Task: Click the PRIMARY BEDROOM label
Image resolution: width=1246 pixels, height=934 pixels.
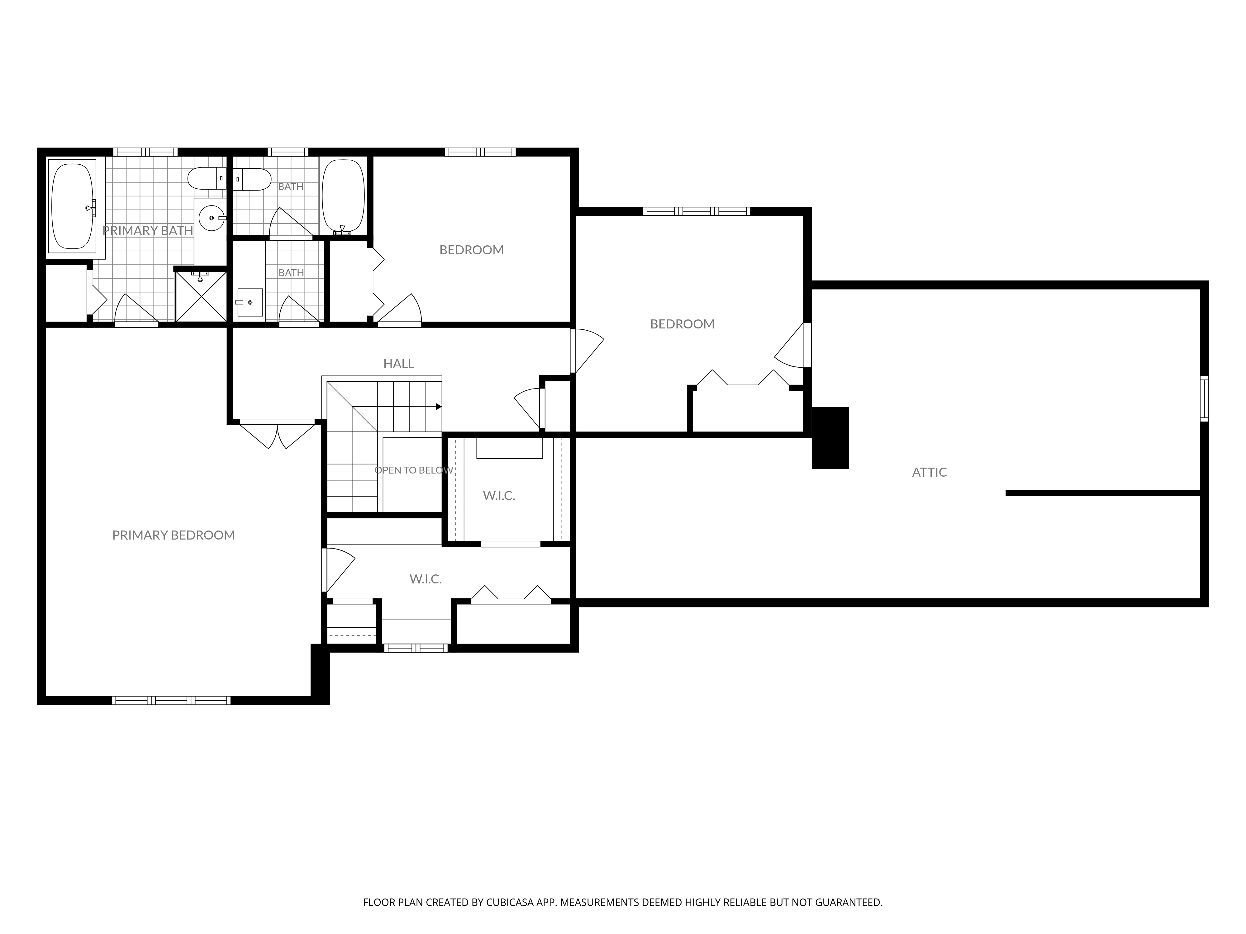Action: [174, 535]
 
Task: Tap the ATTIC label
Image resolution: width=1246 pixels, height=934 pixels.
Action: [930, 472]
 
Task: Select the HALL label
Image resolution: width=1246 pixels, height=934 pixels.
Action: [399, 364]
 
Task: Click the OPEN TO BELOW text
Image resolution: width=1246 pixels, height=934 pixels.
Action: [414, 470]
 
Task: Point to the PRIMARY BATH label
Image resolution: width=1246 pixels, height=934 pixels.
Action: [148, 230]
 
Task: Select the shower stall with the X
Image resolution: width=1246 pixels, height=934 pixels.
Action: [201, 296]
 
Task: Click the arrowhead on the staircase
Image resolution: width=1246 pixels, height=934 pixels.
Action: [439, 407]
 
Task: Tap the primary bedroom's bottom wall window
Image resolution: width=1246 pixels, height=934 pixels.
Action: [171, 700]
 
